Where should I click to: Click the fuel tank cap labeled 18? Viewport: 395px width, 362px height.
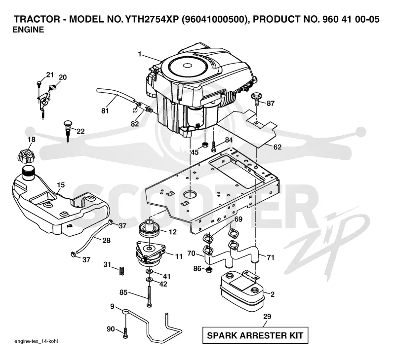26,156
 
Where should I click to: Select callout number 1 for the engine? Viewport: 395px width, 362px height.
140,54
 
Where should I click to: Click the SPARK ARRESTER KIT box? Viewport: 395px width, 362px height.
255,335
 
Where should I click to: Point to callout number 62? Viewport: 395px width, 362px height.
277,147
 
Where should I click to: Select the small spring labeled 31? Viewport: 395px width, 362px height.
121,271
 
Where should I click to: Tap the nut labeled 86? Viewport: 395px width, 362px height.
209,270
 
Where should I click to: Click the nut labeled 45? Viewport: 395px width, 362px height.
205,145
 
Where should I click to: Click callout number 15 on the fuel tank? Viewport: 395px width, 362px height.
61,185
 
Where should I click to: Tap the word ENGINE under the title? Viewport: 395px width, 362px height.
28,30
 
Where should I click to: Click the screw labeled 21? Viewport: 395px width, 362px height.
39,84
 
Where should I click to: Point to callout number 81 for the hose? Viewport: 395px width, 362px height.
105,110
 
